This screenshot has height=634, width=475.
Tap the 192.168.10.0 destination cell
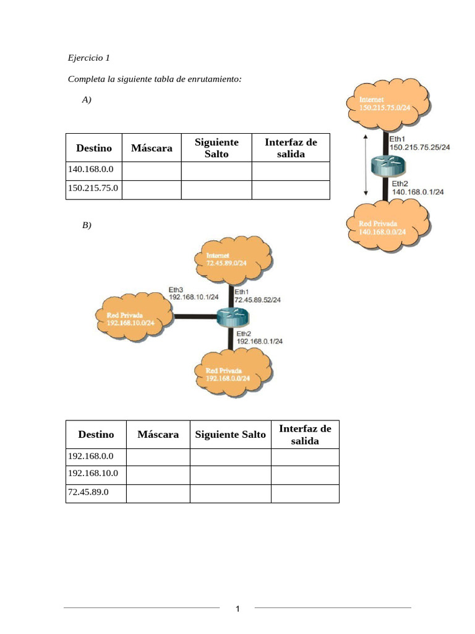tap(93, 475)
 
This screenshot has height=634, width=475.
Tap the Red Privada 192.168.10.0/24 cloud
tap(130, 318)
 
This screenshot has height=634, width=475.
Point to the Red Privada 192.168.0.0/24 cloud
tap(232, 373)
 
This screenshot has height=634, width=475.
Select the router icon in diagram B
tap(233, 317)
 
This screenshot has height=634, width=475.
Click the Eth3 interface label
tap(176, 289)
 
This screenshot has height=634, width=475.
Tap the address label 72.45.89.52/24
tap(257, 300)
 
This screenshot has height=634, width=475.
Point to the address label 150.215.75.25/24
tap(419, 147)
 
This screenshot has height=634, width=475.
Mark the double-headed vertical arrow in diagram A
tap(366, 165)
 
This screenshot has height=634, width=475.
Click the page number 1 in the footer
tap(237, 609)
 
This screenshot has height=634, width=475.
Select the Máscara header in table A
tap(152, 148)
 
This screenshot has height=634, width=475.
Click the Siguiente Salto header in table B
tap(230, 435)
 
